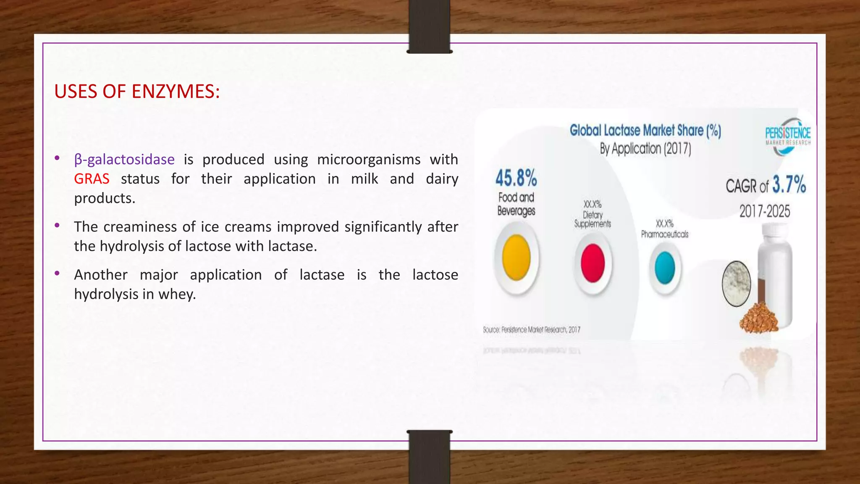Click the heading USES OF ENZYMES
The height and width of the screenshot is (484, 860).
point(137,92)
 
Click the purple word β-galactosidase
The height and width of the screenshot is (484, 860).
point(124,160)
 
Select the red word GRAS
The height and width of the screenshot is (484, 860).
point(92,179)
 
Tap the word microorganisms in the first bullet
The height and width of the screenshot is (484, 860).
point(369,160)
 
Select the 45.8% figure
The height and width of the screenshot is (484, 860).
point(516,178)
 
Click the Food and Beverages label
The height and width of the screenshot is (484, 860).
point(516,204)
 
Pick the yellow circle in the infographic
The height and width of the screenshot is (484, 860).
point(516,258)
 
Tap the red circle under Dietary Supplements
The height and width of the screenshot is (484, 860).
point(593,263)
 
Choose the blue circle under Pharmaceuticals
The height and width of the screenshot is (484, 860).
point(665,268)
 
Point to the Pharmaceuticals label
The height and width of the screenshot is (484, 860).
point(665,234)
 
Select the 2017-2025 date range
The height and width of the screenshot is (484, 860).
point(765,211)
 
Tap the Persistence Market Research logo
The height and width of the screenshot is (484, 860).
point(787,135)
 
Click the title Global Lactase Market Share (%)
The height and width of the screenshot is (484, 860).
point(645,131)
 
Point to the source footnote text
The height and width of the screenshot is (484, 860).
point(532,330)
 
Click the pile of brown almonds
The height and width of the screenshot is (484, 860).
point(758,319)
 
